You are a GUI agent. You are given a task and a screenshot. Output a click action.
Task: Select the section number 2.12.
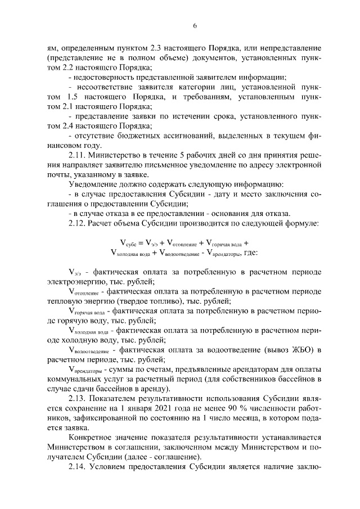point(77,225)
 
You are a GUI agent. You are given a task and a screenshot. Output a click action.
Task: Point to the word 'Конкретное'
point(89,439)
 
